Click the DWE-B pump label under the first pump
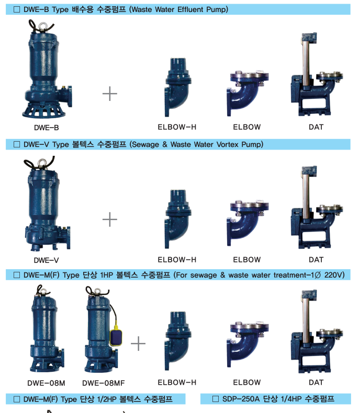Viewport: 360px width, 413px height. click(47, 128)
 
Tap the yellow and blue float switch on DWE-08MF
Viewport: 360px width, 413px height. click(116, 336)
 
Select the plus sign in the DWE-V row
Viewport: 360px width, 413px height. click(110, 220)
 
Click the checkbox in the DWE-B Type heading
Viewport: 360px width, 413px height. click(17, 9)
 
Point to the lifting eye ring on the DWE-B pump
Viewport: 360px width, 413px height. click(42, 26)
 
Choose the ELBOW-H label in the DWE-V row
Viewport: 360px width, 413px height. click(177, 260)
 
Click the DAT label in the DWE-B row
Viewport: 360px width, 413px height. click(316, 127)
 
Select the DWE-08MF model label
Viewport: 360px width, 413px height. click(103, 383)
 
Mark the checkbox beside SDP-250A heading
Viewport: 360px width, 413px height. click(215, 399)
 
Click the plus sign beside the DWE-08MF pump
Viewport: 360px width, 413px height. click(138, 343)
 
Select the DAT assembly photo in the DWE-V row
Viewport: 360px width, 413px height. click(317, 208)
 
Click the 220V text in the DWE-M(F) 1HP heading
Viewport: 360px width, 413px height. click(334, 275)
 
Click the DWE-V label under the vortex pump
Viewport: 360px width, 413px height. click(46, 260)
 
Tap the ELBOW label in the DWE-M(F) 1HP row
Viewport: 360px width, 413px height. click(247, 383)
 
